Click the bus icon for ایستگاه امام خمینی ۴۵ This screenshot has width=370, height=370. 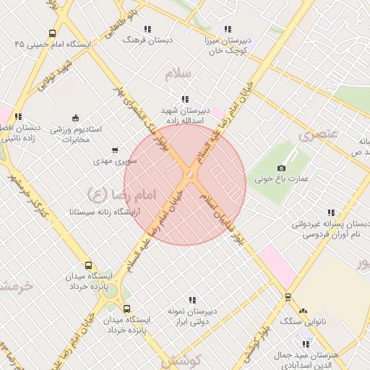click(x=52, y=33)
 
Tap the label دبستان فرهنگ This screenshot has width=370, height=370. click(x=147, y=40)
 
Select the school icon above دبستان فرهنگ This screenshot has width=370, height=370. click(x=147, y=29)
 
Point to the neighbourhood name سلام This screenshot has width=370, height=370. click(x=176, y=74)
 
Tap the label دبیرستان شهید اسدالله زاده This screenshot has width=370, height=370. click(x=185, y=116)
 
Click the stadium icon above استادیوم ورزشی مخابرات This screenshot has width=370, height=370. click(x=75, y=118)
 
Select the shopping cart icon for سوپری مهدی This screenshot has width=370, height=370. click(x=115, y=150)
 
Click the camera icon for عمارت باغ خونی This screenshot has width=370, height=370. click(x=281, y=168)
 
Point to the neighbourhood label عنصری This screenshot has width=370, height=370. click(x=319, y=134)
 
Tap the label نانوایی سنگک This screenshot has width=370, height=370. click(x=303, y=320)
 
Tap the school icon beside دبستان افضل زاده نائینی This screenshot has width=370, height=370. click(x=18, y=116)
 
